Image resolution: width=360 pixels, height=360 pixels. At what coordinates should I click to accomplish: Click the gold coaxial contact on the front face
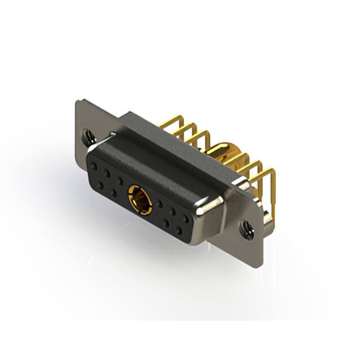tap(138, 200)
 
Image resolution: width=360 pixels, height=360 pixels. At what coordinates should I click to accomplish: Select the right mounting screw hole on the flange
tap(246, 228)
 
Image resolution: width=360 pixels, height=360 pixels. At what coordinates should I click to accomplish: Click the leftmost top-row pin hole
tap(93, 166)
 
